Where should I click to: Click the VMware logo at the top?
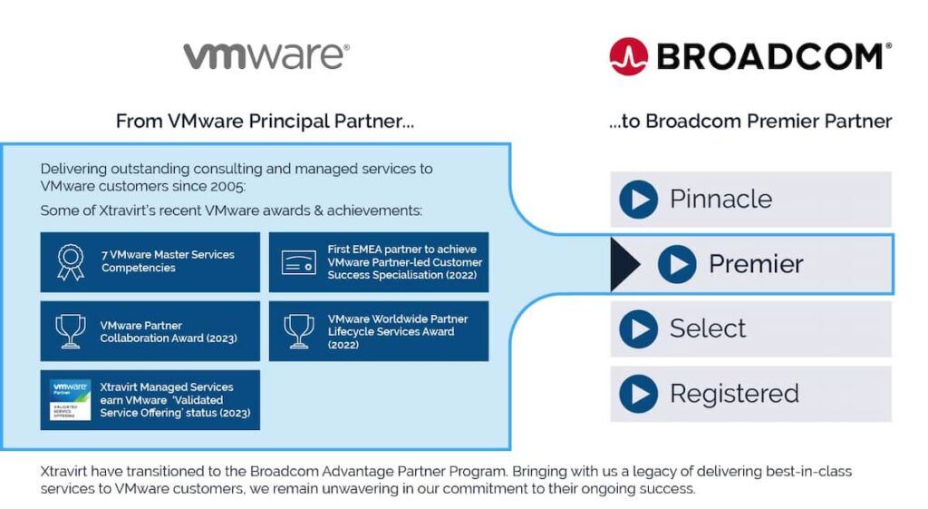(266, 56)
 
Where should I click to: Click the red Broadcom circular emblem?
(628, 56)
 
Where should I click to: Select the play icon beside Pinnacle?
(638, 200)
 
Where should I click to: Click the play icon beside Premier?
(677, 264)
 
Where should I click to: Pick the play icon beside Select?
(638, 328)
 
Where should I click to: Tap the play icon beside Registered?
(638, 394)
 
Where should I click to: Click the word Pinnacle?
(720, 200)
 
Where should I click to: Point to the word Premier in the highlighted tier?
(756, 264)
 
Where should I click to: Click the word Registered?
(734, 394)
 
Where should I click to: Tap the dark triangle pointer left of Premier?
(624, 264)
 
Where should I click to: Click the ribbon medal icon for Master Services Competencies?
(70, 262)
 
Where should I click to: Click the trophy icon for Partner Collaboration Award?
(70, 331)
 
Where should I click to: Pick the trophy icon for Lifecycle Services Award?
(298, 331)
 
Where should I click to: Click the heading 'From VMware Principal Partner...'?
(265, 122)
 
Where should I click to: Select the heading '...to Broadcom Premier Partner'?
(750, 122)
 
